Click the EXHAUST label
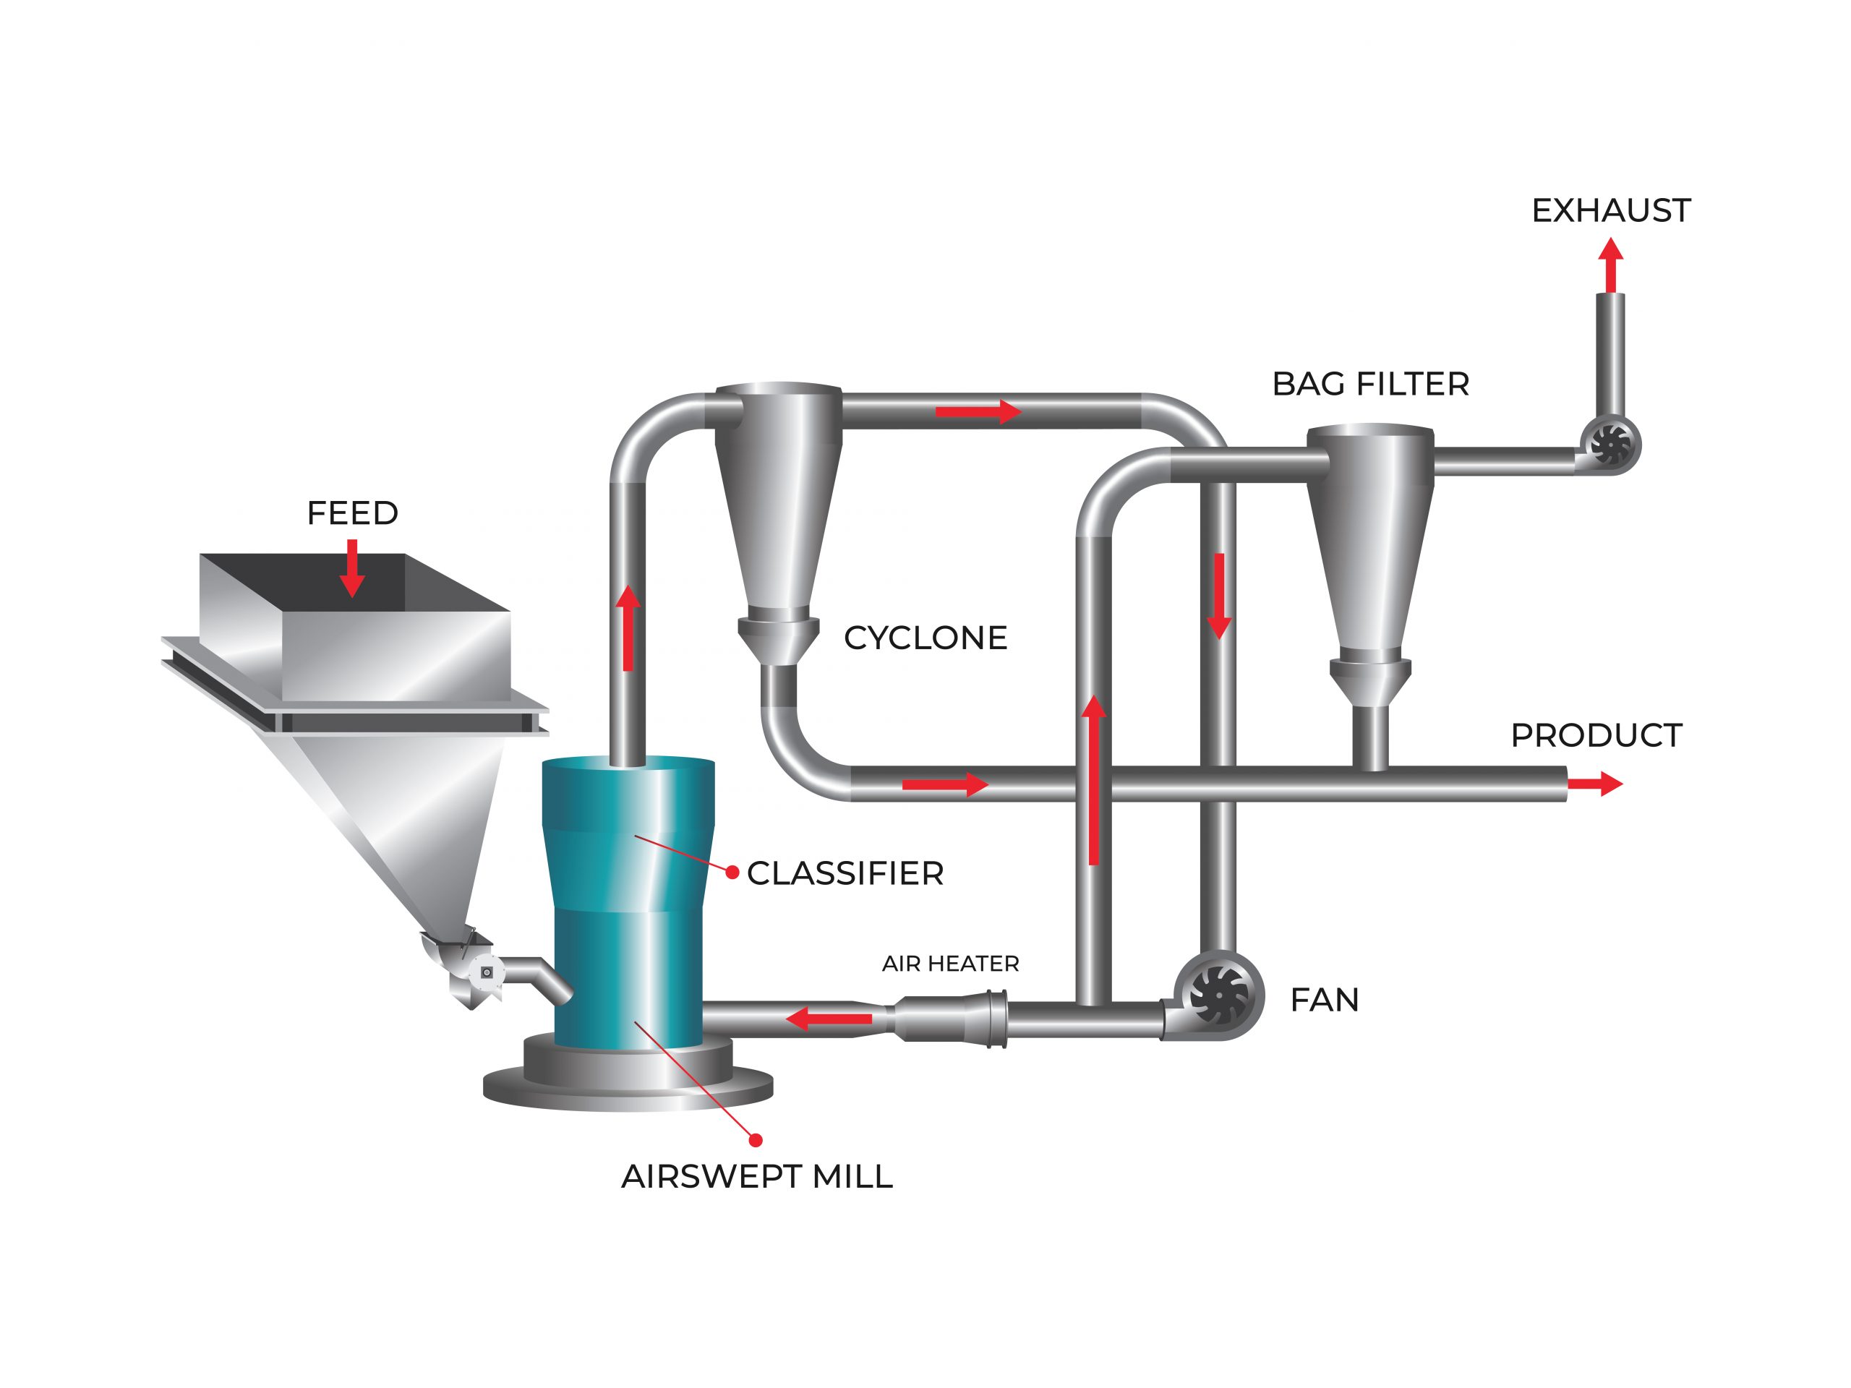(1610, 211)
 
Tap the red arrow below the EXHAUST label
(1610, 265)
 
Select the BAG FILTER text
(1370, 384)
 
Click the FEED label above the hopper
(352, 513)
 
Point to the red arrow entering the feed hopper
(352, 567)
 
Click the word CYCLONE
(925, 638)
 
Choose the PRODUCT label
(1596, 735)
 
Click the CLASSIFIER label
(845, 873)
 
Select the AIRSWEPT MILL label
(756, 1177)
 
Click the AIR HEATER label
(950, 964)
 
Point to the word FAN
(1324, 1000)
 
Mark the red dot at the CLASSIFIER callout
(732, 873)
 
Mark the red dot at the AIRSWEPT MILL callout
(756, 1139)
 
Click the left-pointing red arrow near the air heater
(829, 1019)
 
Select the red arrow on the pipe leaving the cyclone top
(978, 411)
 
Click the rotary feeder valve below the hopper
(485, 972)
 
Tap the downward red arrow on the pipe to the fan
(1219, 596)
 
